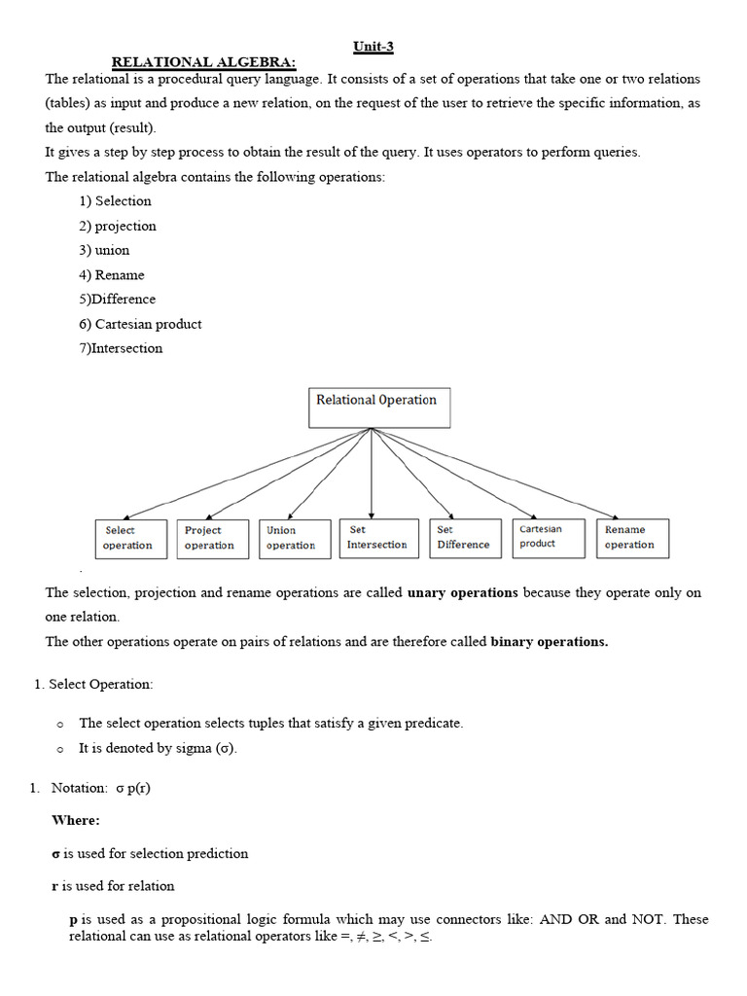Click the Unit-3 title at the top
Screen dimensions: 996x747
373,47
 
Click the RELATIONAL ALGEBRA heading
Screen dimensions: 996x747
204,62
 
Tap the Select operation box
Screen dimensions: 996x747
128,538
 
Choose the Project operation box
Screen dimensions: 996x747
209,538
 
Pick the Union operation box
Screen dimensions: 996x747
291,538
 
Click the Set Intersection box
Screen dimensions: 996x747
377,538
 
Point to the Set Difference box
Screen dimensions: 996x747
463,538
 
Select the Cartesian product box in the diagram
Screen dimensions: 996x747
549,537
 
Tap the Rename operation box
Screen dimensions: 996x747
633,538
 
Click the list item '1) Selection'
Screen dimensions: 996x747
116,201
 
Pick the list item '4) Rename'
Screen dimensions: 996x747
112,275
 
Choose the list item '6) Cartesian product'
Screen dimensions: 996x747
141,324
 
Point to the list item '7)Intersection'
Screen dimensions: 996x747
122,348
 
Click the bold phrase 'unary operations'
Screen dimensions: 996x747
462,592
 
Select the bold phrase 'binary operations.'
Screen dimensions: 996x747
550,642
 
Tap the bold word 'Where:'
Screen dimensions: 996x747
76,821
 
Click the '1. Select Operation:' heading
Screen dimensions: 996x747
93,685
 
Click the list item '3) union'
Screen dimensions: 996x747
105,250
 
